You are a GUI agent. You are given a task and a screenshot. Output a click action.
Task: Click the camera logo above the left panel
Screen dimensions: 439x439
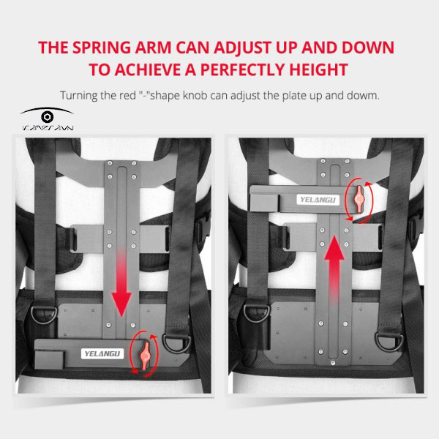(x=47, y=117)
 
